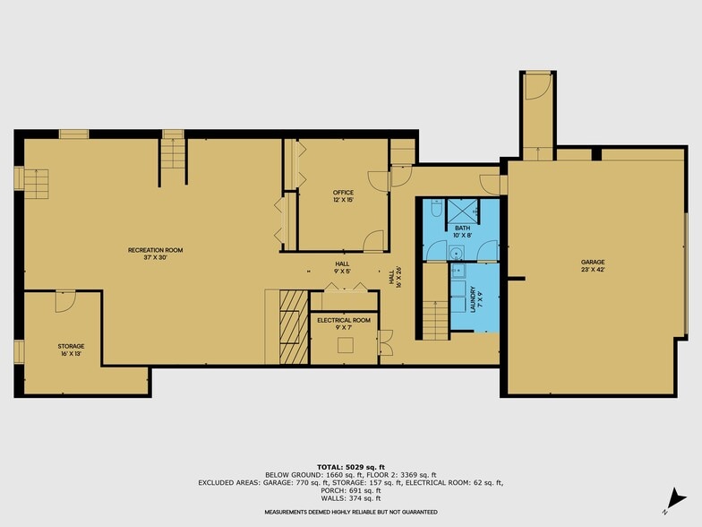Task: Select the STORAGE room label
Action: pyautogui.click(x=72, y=346)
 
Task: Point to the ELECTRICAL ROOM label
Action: pyautogui.click(x=344, y=320)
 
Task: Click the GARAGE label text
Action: pyautogui.click(x=593, y=263)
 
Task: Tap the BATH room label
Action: pyautogui.click(x=462, y=228)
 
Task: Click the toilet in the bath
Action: pyautogui.click(x=435, y=209)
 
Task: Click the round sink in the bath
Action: pyautogui.click(x=458, y=253)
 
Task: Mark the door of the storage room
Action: pyautogui.click(x=64, y=302)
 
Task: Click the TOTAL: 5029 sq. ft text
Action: pyautogui.click(x=351, y=467)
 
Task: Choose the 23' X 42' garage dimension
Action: pyautogui.click(x=593, y=270)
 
